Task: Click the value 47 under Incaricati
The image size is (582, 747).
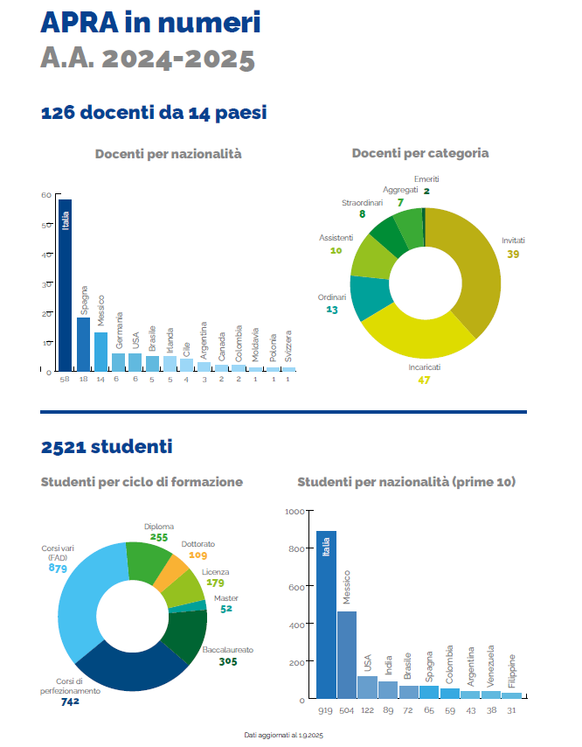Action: tap(426, 380)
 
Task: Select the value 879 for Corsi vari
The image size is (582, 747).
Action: tap(59, 569)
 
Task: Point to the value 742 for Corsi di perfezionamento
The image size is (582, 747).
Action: tap(71, 702)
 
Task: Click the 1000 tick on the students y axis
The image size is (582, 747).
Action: tap(294, 511)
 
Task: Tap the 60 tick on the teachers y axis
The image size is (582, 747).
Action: tap(45, 195)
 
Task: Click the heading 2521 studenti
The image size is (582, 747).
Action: tap(106, 447)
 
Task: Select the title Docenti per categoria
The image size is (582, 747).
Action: tap(419, 153)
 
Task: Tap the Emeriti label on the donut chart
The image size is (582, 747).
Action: tap(426, 179)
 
